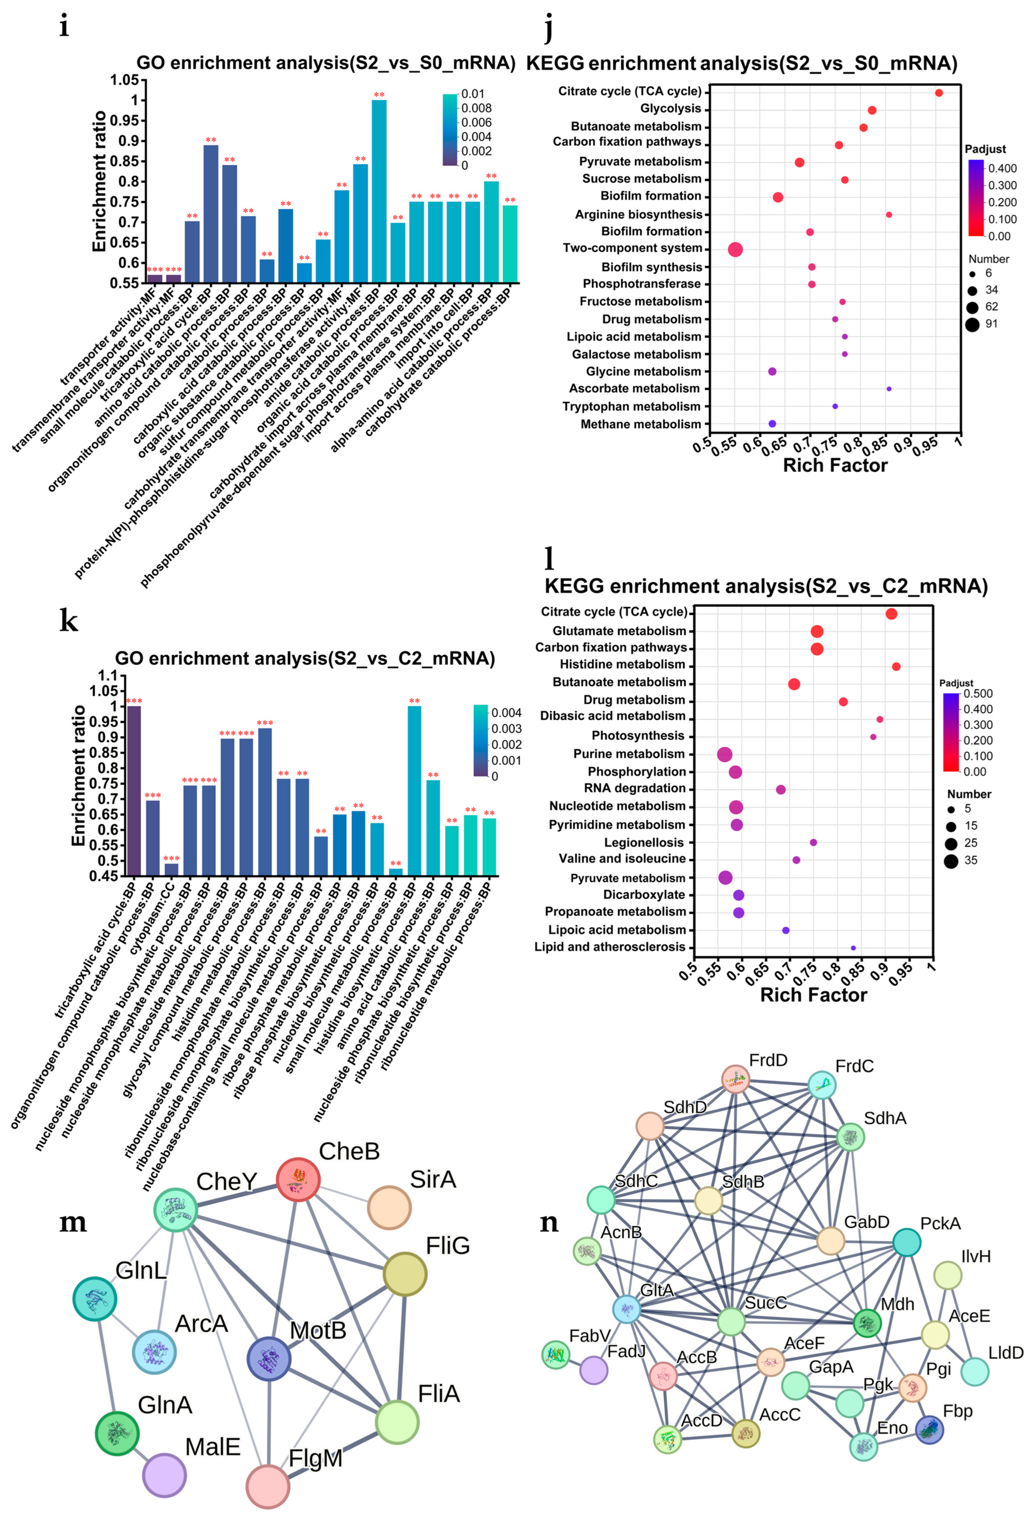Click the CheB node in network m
(298, 1179)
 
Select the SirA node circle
(389, 1207)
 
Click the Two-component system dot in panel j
(735, 249)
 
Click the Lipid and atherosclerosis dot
(853, 947)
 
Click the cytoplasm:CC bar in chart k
(171, 869)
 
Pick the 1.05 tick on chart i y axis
(124, 80)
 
